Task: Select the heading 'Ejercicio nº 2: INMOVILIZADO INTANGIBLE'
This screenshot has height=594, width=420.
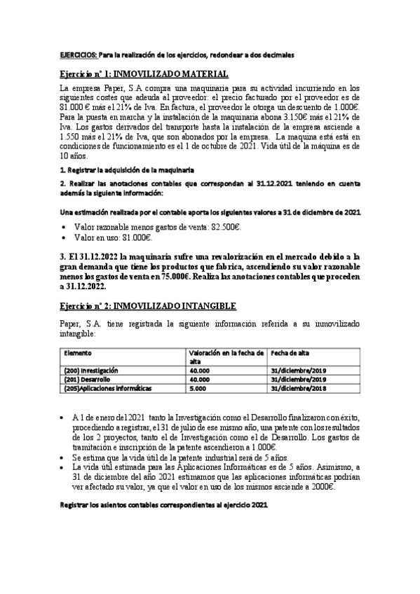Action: (x=148, y=306)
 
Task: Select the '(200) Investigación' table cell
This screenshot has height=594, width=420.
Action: (x=90, y=370)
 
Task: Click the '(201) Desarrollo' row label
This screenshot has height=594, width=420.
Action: (x=86, y=379)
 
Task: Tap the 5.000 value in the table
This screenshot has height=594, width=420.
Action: (x=198, y=388)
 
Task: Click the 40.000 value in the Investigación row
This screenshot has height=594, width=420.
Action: (x=200, y=370)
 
